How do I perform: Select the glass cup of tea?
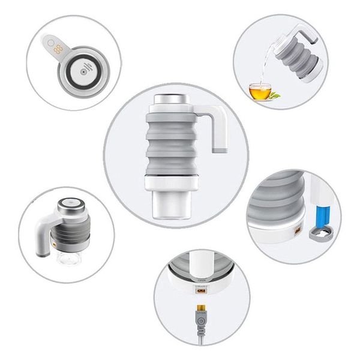[x=259, y=91]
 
